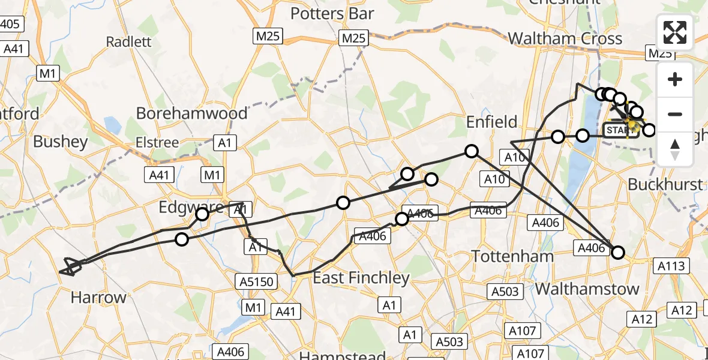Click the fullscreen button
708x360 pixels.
[675, 32]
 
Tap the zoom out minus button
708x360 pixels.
[675, 114]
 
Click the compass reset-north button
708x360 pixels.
[675, 149]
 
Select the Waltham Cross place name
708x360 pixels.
[565, 38]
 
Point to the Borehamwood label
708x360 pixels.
[191, 113]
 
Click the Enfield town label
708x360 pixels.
[492, 122]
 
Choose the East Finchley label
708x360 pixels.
[361, 278]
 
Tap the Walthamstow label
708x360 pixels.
[587, 289]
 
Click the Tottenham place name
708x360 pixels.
[512, 256]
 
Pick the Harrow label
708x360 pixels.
[99, 297]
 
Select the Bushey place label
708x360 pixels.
[61, 141]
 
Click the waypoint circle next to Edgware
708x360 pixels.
[202, 214]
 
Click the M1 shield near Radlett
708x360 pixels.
[48, 74]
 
